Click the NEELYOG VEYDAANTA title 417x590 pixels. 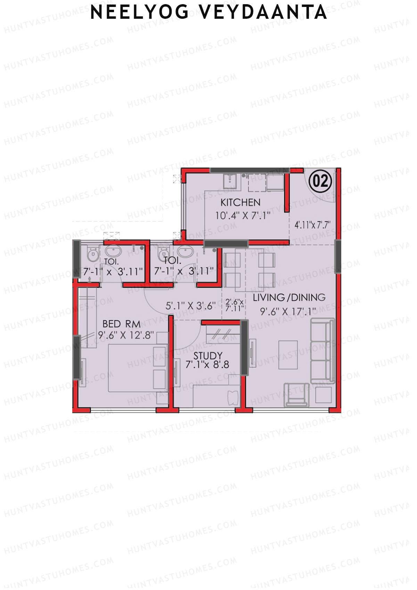(x=208, y=13)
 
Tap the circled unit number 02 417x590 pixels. (x=320, y=181)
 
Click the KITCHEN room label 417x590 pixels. (x=240, y=202)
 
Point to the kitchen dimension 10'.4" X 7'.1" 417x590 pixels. (x=243, y=216)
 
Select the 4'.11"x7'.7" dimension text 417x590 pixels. (x=312, y=225)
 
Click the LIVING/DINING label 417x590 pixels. (x=289, y=298)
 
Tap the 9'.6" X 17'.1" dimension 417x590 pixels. (x=288, y=311)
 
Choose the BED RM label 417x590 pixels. (x=121, y=324)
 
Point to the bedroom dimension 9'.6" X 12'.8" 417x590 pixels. (x=126, y=336)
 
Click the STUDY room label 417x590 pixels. (x=208, y=355)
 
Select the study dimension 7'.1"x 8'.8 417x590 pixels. (x=207, y=365)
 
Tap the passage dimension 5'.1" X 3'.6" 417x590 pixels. (x=190, y=306)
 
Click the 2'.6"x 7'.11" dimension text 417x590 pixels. (x=234, y=305)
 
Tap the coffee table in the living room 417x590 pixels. (x=288, y=354)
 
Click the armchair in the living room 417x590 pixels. (x=296, y=394)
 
